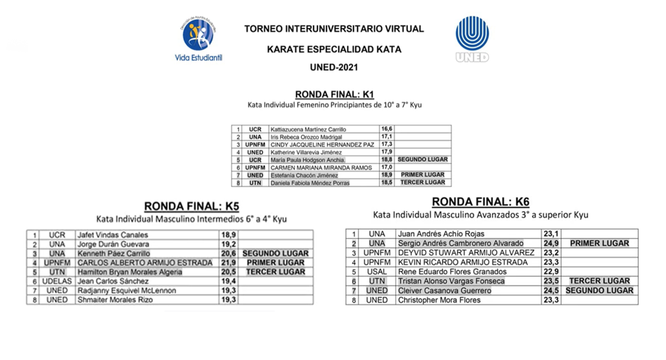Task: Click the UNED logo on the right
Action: pos(472,38)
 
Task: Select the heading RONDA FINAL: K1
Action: pos(334,94)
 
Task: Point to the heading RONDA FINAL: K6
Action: pos(481,202)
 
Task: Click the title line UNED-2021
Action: pos(334,67)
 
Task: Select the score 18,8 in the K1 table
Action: pos(387,160)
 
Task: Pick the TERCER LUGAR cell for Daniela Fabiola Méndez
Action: pos(422,183)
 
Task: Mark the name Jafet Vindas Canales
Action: pos(113,235)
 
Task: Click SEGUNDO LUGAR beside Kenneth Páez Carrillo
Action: pos(275,254)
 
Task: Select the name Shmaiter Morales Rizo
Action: pos(115,300)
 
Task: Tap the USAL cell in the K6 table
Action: pos(376,272)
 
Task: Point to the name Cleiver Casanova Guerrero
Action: pos(444,291)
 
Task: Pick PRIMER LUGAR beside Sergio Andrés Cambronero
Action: pos(599,244)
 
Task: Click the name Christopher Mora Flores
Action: pos(439,300)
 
